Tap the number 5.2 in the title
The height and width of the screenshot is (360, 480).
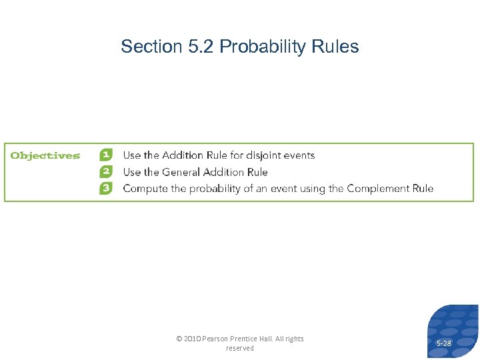coord(201,47)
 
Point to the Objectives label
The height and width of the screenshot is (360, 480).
coord(45,156)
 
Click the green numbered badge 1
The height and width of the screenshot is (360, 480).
coord(106,155)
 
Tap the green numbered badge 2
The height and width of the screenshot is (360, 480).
coord(106,172)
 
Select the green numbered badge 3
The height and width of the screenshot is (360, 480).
coord(106,188)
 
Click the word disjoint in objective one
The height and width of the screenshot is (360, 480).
coord(265,155)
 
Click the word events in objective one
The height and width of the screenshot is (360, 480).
coord(300,155)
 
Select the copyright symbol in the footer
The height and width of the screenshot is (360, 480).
coord(179,339)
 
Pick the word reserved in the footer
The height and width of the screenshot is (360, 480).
coord(240,348)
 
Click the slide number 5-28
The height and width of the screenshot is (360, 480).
coord(443,343)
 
